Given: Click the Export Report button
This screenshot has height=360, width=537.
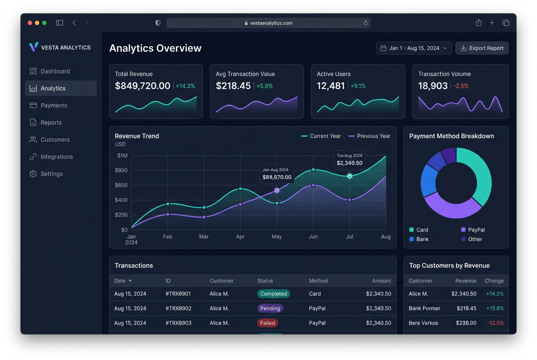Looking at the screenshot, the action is [x=482, y=48].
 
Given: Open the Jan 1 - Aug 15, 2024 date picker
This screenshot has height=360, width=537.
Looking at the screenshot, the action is [x=414, y=48].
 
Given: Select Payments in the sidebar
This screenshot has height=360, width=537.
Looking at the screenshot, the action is [x=54, y=105].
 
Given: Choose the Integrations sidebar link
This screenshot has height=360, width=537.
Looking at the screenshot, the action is [x=57, y=157].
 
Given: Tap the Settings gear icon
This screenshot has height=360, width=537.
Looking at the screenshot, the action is [x=33, y=174].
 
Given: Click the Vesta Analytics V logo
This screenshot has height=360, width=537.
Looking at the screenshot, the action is [x=34, y=47].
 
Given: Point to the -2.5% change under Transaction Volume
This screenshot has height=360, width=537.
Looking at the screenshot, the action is [x=461, y=86].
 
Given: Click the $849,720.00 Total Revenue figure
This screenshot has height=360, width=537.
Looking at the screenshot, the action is [x=142, y=86].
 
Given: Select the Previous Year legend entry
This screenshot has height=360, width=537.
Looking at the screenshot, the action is [x=369, y=136].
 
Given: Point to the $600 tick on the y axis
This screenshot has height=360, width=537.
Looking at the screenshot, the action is [x=121, y=185].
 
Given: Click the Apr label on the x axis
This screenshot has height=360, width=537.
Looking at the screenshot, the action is [x=240, y=236].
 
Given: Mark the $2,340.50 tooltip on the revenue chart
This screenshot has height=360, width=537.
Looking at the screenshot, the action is [x=350, y=160].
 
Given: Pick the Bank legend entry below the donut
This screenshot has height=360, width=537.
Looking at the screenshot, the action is [x=419, y=239].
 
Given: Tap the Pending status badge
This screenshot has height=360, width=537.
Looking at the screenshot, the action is [x=270, y=308].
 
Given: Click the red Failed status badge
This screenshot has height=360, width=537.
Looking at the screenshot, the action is [x=268, y=323].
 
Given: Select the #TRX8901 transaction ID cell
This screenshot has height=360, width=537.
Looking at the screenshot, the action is [x=178, y=294].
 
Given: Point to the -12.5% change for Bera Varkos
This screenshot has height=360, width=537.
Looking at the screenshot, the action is [x=495, y=323].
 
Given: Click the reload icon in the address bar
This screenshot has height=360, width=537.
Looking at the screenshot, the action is [x=366, y=23].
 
